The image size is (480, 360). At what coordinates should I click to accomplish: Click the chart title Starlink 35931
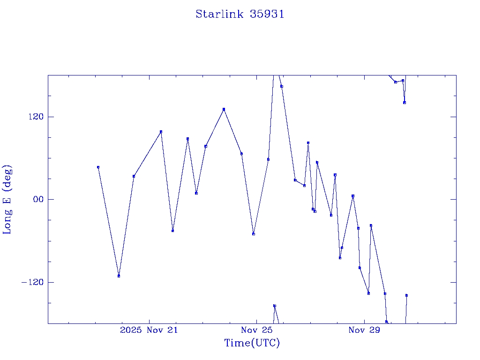pyautogui.click(x=240, y=14)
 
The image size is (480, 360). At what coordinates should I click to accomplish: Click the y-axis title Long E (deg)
pyautogui.click(x=7, y=199)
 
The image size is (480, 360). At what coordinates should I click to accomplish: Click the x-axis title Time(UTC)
pyautogui.click(x=252, y=343)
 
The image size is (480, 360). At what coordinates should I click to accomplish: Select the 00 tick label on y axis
pyautogui.click(x=38, y=199)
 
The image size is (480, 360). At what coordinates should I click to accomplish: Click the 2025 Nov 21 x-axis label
pyautogui.click(x=149, y=330)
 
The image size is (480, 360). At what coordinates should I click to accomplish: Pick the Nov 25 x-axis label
pyautogui.click(x=257, y=330)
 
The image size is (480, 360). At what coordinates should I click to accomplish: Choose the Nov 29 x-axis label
pyautogui.click(x=364, y=330)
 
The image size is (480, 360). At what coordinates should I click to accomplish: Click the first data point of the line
pyautogui.click(x=98, y=167)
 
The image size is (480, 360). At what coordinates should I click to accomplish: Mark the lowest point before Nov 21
pyautogui.click(x=119, y=276)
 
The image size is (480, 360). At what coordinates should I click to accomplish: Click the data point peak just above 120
pyautogui.click(x=224, y=109)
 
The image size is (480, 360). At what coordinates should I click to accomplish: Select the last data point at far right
pyautogui.click(x=406, y=295)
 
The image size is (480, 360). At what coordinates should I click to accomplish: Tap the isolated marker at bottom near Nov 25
pyautogui.click(x=275, y=306)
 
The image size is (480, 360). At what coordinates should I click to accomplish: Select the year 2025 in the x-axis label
pyautogui.click(x=131, y=330)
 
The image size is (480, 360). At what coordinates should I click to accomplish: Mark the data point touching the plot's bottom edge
pyautogui.click(x=386, y=322)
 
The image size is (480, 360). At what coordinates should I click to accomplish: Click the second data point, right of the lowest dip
pyautogui.click(x=134, y=176)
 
